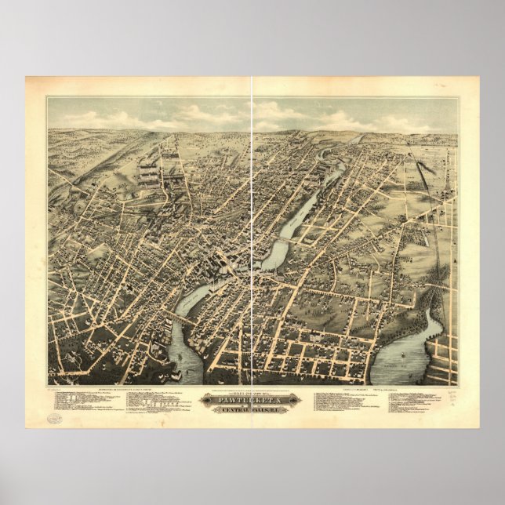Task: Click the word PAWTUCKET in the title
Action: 252,397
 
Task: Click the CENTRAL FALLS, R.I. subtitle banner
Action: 252,410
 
